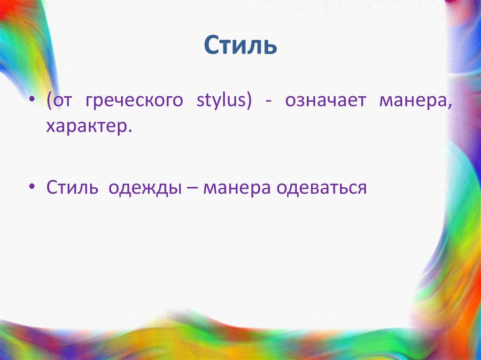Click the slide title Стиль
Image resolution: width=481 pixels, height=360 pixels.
240,46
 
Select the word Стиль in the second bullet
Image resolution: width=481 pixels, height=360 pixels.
72,188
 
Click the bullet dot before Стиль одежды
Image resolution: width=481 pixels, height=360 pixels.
32,187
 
